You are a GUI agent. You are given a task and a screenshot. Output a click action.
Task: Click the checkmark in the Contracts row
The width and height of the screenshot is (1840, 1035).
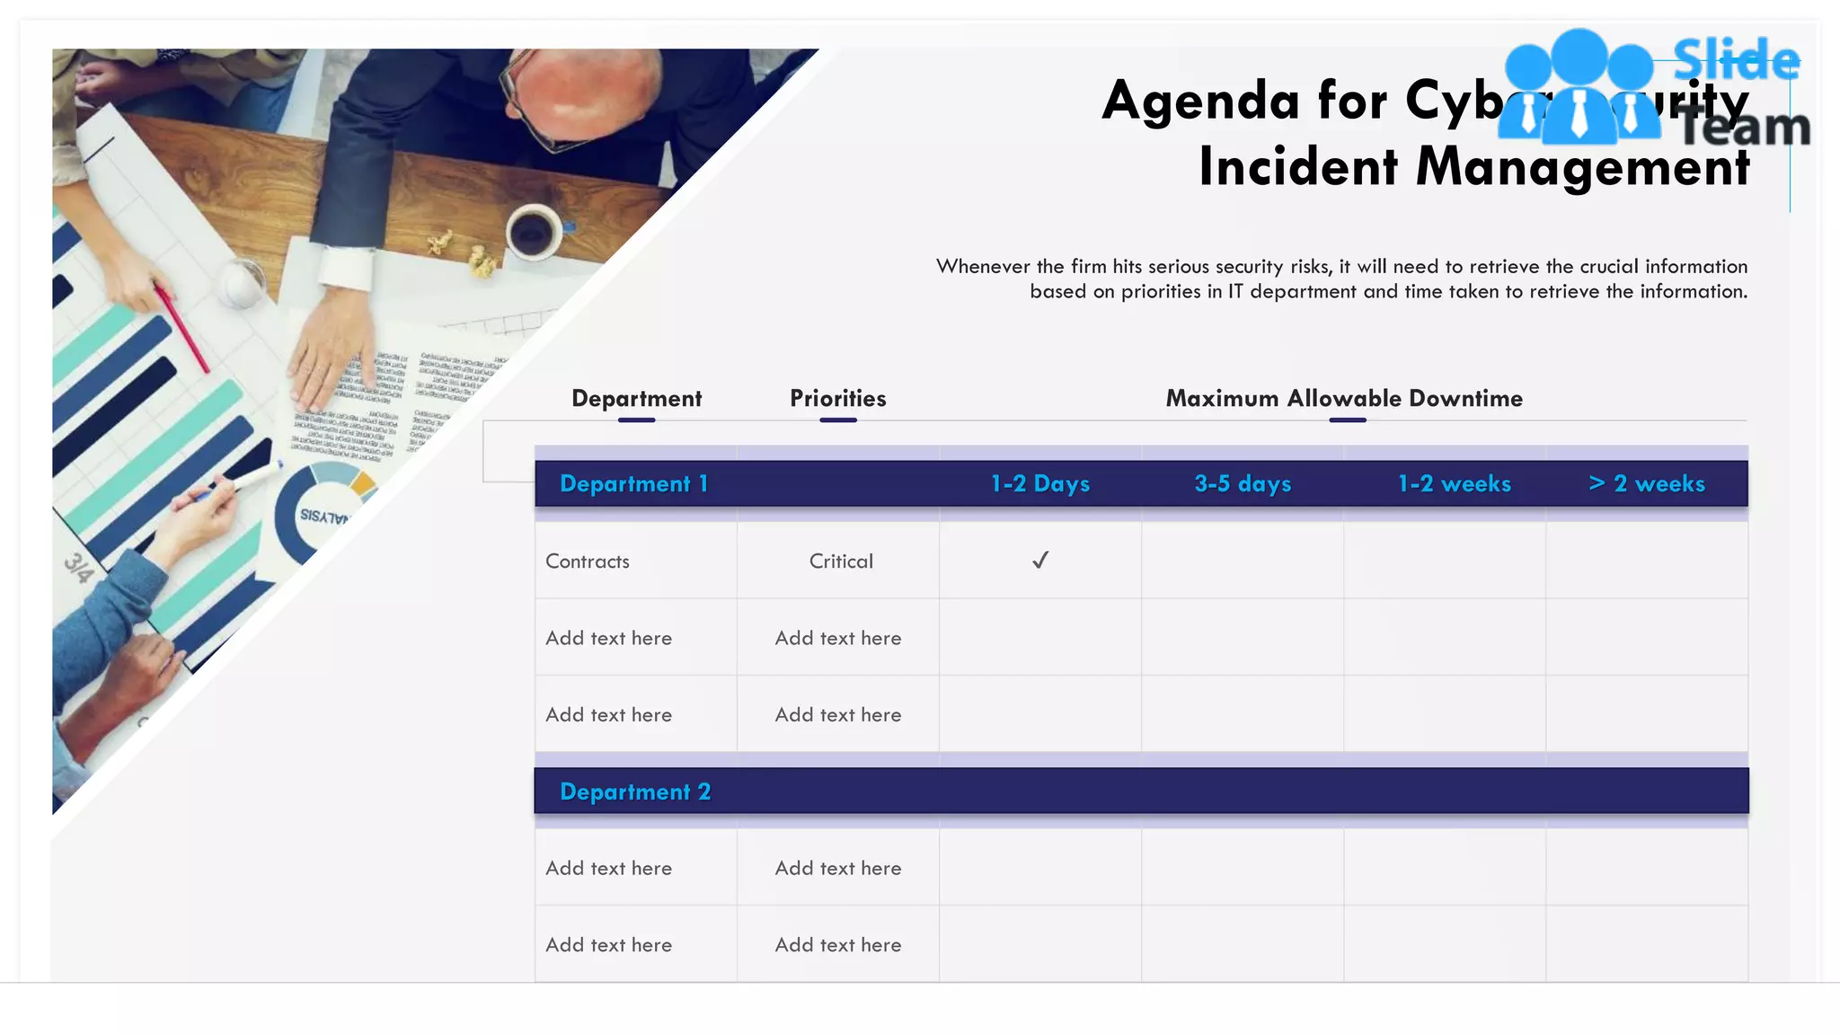(1040, 561)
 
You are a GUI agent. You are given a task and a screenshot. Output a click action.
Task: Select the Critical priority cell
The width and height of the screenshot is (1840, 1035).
(840, 562)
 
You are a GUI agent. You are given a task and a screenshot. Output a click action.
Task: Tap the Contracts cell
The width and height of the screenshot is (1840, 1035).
(588, 562)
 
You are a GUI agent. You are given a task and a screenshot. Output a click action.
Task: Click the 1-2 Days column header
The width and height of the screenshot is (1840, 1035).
(1039, 483)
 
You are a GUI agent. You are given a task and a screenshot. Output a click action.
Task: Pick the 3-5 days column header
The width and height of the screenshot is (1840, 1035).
(1243, 483)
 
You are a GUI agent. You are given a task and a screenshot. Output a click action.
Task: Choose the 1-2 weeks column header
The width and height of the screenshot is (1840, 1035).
(1454, 483)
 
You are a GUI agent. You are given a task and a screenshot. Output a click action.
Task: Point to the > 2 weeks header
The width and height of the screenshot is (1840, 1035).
(1646, 483)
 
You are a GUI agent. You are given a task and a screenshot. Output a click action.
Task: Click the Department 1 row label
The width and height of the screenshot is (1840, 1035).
(634, 483)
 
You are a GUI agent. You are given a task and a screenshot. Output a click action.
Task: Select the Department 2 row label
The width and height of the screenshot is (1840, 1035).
(635, 792)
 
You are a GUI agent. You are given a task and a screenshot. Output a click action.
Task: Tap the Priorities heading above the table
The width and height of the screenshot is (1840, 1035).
(837, 398)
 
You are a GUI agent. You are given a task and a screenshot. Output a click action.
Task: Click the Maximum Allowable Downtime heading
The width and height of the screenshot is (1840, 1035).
(1344, 398)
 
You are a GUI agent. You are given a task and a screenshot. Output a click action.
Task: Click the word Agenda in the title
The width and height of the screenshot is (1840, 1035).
(1200, 101)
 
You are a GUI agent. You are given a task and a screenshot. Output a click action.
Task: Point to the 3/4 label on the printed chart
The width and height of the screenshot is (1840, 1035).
(79, 568)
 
